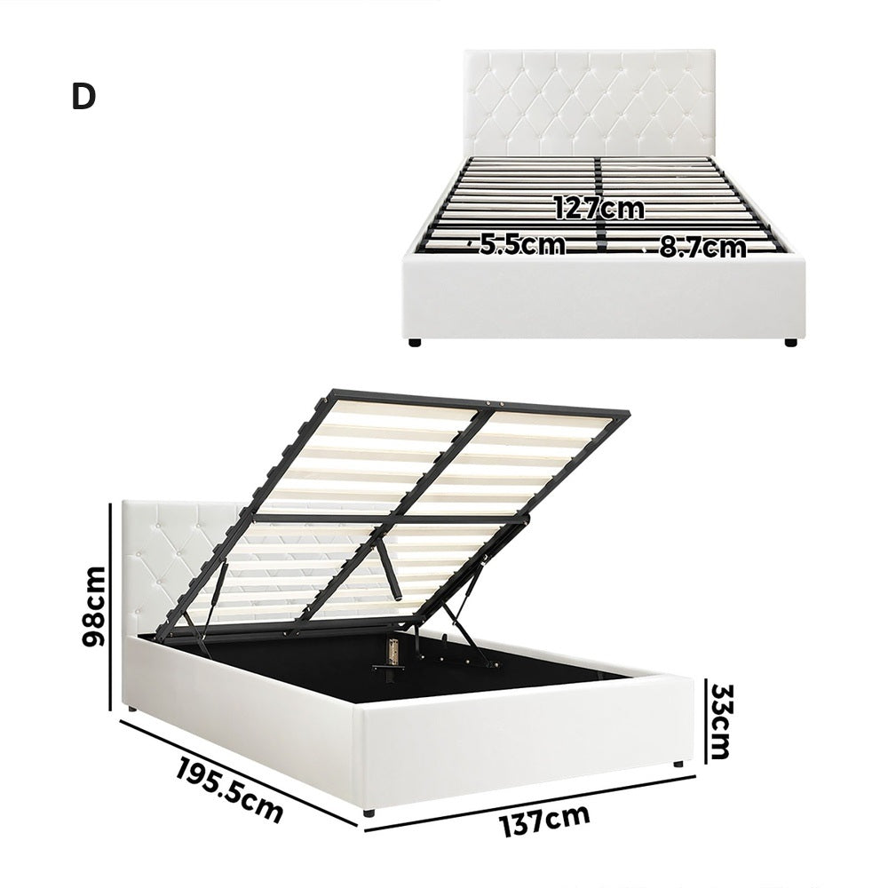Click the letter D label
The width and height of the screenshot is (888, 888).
click(83, 98)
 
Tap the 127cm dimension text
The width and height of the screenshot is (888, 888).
click(599, 209)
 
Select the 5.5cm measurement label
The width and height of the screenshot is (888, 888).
click(522, 244)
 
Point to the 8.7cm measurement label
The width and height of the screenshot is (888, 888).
click(702, 247)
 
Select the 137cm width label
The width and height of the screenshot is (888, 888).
click(544, 821)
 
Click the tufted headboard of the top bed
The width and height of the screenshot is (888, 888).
click(590, 102)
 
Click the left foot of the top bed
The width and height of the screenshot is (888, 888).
click(415, 341)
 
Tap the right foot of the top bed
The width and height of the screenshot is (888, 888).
click(789, 341)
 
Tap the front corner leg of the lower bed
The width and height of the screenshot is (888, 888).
click(368, 812)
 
